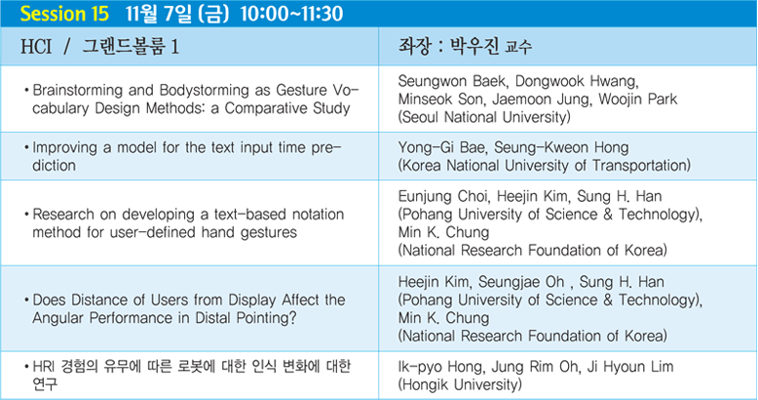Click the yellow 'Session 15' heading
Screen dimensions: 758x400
pyautogui.click(x=64, y=14)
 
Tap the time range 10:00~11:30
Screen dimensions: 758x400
pyautogui.click(x=291, y=14)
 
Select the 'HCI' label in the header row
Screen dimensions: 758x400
pyautogui.click(x=36, y=47)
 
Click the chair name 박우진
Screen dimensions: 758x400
pyautogui.click(x=474, y=46)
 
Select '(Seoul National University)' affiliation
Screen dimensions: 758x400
pyautogui.click(x=484, y=117)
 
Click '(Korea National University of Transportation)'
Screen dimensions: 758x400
pyautogui.click(x=545, y=166)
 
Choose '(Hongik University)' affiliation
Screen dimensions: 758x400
pyautogui.click(x=460, y=385)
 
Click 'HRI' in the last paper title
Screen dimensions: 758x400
pyautogui.click(x=43, y=367)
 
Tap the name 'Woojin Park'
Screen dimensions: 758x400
pyautogui.click(x=637, y=100)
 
